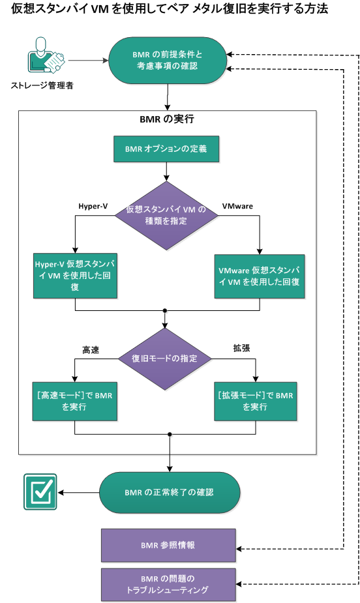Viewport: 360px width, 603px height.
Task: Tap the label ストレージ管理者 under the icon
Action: pyautogui.click(x=42, y=85)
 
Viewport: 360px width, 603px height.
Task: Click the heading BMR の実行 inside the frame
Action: pyautogui.click(x=167, y=120)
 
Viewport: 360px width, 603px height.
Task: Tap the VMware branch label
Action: pyautogui.click(x=237, y=207)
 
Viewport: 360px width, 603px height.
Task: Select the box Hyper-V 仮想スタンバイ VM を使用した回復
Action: pyautogui.click(x=76, y=276)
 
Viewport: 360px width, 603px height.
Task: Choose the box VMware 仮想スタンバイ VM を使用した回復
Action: pyautogui.click(x=260, y=276)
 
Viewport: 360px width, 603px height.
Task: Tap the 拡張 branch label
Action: pyautogui.click(x=241, y=348)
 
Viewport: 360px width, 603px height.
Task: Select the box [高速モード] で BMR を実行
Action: pyautogui.click(x=75, y=400)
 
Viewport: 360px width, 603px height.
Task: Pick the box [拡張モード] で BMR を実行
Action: pyautogui.click(x=255, y=400)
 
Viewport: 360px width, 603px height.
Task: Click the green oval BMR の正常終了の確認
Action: pyautogui.click(x=169, y=492)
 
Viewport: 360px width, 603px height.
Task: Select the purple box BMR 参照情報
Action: pyautogui.click(x=168, y=545)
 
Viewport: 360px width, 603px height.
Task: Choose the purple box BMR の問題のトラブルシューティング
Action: pyautogui.click(x=168, y=584)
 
